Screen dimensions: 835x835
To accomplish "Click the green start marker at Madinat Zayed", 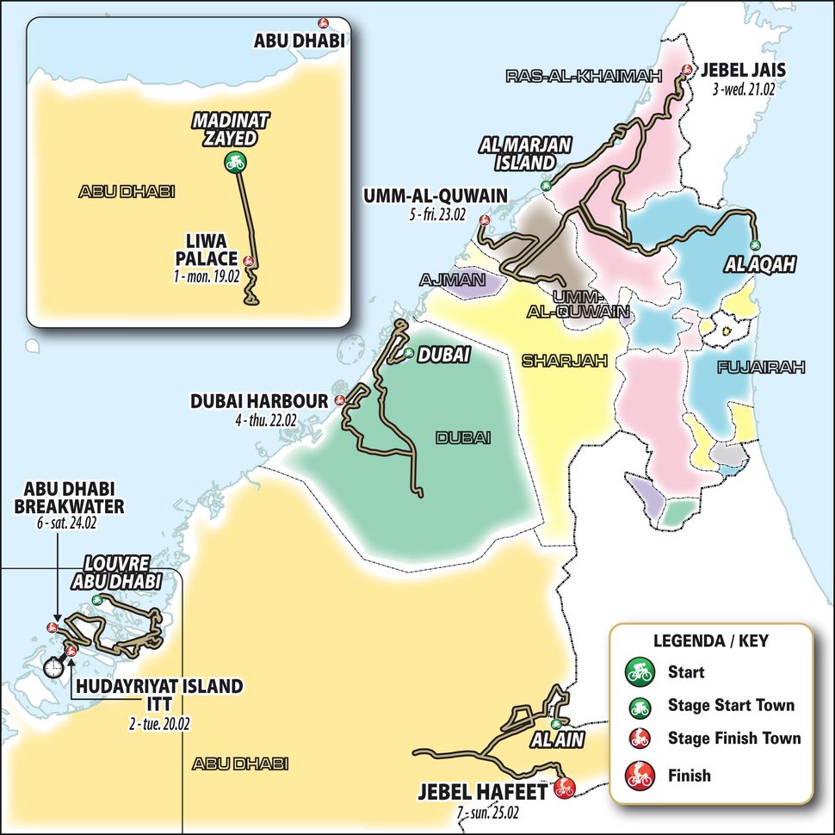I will point(233,162).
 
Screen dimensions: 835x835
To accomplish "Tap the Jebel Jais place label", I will point(738,71).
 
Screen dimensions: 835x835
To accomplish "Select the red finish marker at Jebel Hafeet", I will point(564,786).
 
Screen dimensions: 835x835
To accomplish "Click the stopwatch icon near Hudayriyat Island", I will point(54,665).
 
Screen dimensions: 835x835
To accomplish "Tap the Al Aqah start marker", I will point(756,245).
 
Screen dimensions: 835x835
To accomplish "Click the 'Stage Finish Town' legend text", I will point(733,739).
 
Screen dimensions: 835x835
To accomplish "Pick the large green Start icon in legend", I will point(638,671).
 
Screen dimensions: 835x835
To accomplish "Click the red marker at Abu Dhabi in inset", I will point(323,23).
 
